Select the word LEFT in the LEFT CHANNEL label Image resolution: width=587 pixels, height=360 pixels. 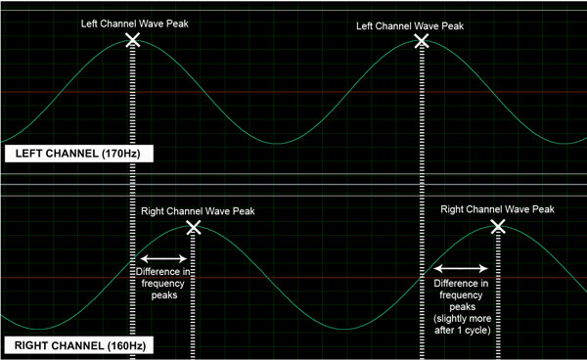(x=31, y=155)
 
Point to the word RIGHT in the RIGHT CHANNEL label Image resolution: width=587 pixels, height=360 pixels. (x=34, y=345)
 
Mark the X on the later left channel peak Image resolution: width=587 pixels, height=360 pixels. (x=422, y=40)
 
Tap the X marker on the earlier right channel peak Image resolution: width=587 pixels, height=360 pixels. (x=194, y=227)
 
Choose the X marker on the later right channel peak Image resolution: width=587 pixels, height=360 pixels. (x=498, y=226)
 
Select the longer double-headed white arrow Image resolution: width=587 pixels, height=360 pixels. (x=460, y=267)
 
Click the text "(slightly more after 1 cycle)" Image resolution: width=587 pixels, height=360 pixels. (x=460, y=325)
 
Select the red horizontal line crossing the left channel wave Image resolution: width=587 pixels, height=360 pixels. (x=293, y=92)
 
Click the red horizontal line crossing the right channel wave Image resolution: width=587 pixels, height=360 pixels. (x=293, y=278)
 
